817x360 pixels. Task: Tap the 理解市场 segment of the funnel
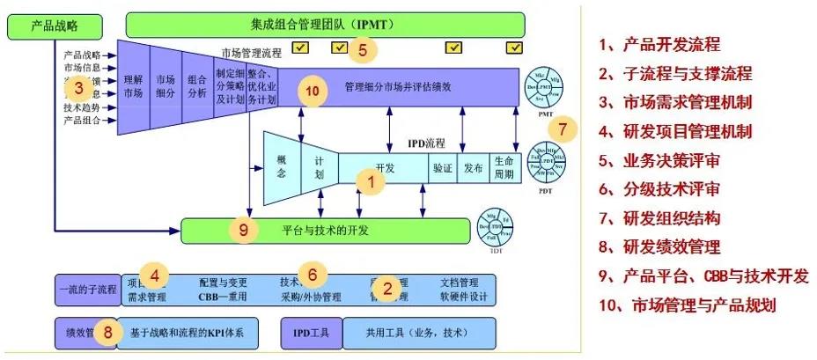point(134,85)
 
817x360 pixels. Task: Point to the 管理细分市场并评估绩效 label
point(399,86)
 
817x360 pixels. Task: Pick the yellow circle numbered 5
point(361,49)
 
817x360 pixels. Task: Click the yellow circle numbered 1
point(372,183)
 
